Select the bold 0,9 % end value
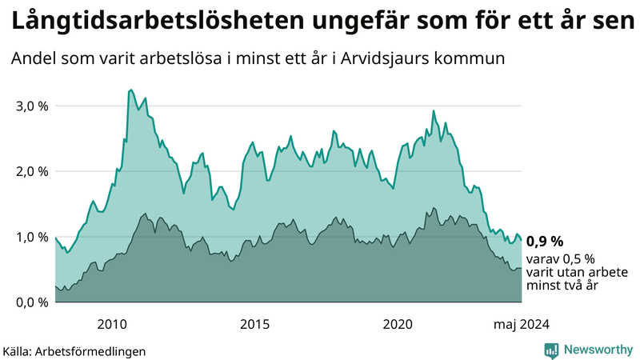pyautogui.click(x=545, y=241)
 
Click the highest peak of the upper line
pyautogui.click(x=130, y=90)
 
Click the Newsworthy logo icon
pyautogui.click(x=551, y=350)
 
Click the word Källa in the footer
pyautogui.click(x=18, y=350)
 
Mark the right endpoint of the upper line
pyautogui.click(x=522, y=241)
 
